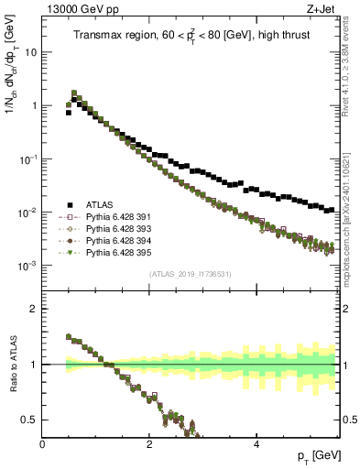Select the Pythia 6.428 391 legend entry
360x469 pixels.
pos(106,217)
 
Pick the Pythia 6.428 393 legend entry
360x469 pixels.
pos(106,229)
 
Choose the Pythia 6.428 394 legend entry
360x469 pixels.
pos(106,241)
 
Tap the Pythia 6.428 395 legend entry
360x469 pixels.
pos(106,253)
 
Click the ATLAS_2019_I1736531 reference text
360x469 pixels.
pos(189,274)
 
